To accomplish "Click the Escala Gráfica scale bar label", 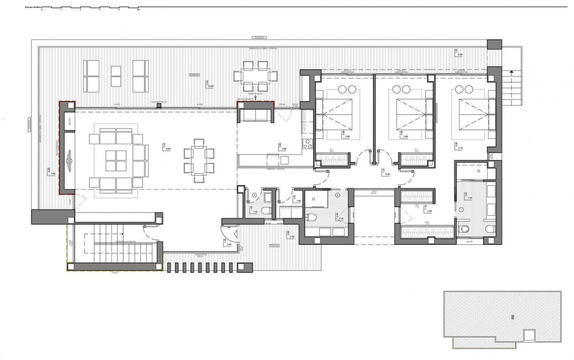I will click(32, 6).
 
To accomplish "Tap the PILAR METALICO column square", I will click(159, 106).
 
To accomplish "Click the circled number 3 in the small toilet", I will click(255, 195).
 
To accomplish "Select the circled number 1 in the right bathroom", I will click(461, 210).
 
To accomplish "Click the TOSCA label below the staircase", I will click(115, 272).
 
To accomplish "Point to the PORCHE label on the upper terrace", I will click(195, 75).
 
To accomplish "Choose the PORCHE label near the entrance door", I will click(274, 246).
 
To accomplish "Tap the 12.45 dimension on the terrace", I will click(210, 86).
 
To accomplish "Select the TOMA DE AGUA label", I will click(255, 94).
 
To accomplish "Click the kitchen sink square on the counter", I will click(284, 160).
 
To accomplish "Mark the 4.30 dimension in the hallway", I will click(387, 174).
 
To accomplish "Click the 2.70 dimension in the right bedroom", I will click(461, 148).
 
